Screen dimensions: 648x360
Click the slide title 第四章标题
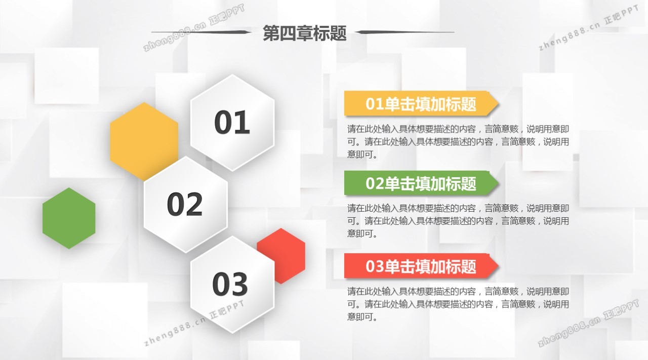[305, 33]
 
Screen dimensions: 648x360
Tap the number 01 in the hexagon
[232, 123]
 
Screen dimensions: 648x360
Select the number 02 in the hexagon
[185, 205]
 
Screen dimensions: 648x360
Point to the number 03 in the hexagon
[230, 284]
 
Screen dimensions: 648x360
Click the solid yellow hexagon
[144, 141]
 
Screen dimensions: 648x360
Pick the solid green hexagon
[69, 218]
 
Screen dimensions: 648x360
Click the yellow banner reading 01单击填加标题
[421, 104]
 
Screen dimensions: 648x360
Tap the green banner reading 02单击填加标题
[421, 183]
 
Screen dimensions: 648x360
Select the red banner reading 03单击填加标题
[421, 266]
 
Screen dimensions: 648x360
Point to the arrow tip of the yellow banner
[499, 104]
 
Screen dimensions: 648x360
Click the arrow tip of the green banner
[499, 183]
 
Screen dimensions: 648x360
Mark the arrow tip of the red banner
[499, 266]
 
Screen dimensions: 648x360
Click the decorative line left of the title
[201, 32]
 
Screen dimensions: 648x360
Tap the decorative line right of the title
[404, 32]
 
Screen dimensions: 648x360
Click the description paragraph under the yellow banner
[458, 142]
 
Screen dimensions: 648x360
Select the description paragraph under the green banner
[458, 221]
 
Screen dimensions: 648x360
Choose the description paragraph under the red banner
[458, 304]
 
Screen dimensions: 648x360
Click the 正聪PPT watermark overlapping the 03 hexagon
[227, 310]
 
